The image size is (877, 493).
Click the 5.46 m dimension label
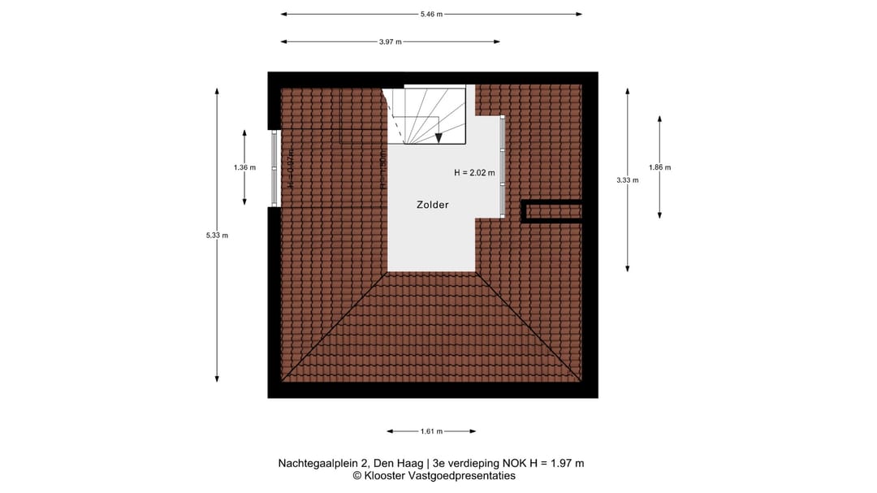431,14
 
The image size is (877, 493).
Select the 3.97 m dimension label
390,41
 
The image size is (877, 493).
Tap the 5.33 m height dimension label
218,236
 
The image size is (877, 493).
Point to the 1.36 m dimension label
244,168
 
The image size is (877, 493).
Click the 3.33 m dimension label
628,180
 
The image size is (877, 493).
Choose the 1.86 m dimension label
659,168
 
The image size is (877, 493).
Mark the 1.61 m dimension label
431,431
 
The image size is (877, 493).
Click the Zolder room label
433,205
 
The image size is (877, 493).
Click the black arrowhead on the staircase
438,138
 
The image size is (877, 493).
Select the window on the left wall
274,168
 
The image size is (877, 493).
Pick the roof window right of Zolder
503,167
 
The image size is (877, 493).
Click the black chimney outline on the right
552,211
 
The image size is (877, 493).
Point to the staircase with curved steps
426,115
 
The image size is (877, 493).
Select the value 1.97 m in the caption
566,464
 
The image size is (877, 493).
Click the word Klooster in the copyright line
386,476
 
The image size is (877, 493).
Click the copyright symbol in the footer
356,476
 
